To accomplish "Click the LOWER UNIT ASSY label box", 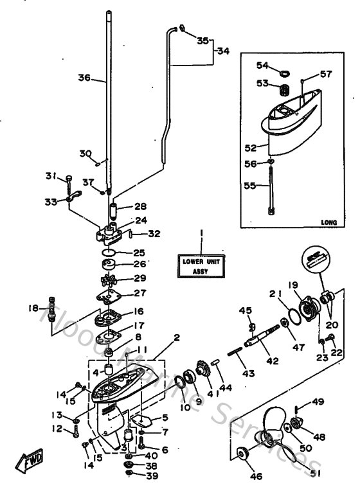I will [x=200, y=266].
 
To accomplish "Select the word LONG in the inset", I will [x=328, y=222].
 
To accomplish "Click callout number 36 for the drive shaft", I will [x=84, y=78].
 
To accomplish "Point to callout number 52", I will [x=251, y=147].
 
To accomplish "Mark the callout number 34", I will [x=222, y=51].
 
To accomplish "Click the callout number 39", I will [x=151, y=476].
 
